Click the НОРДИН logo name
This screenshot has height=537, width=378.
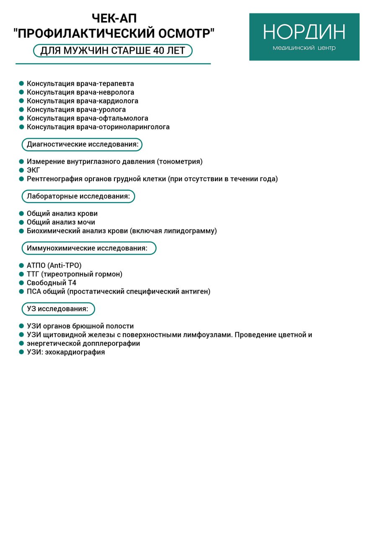304,32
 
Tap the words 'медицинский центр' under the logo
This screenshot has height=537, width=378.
304,48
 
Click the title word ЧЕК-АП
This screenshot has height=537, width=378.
114,19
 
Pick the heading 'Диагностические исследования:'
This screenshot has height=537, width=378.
83,145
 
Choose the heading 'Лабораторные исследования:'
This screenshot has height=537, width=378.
78,196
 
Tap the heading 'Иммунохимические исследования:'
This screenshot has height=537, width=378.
87,248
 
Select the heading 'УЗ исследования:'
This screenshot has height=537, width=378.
58,309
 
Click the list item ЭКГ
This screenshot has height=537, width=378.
34,170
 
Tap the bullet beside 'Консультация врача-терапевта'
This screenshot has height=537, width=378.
21,83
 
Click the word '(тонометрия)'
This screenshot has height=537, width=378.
180,162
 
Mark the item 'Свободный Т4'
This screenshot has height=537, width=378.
52,283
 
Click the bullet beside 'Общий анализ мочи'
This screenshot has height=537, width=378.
21,222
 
